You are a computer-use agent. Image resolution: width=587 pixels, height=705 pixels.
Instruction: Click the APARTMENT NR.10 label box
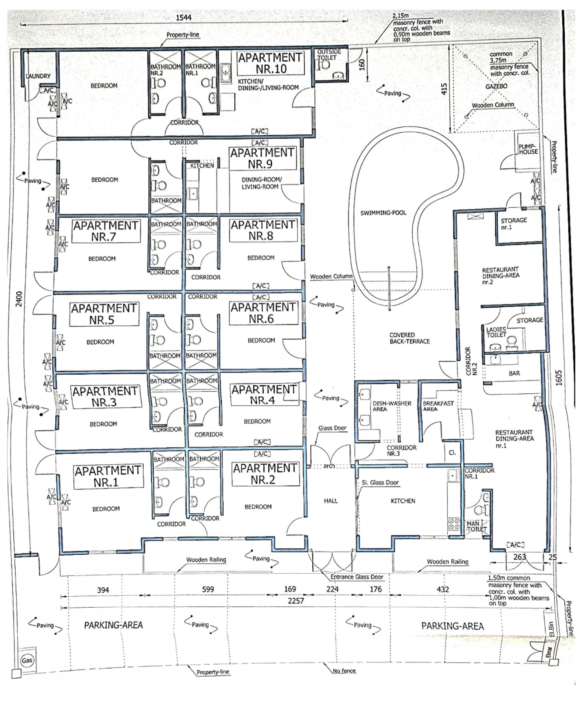270,63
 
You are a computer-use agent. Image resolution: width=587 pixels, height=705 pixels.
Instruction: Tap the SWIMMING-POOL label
383,213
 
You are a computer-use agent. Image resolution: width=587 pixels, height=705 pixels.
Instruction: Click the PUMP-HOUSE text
528,149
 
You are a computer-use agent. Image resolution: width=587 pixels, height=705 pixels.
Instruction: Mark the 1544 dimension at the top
184,17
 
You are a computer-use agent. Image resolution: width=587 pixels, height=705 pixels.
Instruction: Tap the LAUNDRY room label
38,76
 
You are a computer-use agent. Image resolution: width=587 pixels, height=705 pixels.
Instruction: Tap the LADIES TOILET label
496,332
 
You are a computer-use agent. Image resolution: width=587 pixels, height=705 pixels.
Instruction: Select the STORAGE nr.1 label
514,223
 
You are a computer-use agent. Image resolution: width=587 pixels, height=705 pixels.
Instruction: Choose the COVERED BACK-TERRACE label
410,338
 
